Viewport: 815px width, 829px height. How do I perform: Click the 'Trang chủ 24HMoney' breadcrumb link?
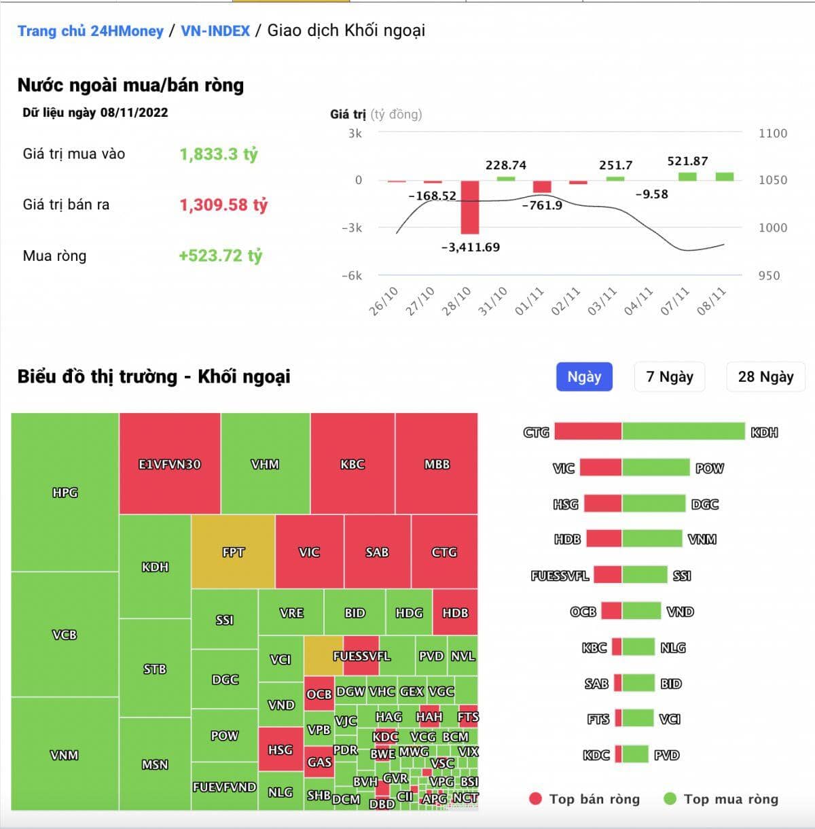coord(90,31)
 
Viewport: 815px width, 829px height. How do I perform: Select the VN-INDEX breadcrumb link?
coord(215,31)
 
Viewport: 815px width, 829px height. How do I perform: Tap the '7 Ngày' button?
coord(670,376)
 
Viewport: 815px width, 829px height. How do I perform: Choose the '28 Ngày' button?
coord(765,376)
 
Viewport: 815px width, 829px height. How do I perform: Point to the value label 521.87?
coord(687,161)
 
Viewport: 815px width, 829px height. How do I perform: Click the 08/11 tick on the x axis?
coord(712,301)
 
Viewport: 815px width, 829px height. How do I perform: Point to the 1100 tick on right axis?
coord(773,133)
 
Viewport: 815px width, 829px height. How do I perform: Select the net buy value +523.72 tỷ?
coord(220,255)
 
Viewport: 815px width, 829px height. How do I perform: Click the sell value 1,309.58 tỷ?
coord(223,205)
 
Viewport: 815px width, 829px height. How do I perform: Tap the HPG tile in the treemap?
coord(65,493)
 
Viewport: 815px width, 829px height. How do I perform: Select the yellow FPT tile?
coord(233,552)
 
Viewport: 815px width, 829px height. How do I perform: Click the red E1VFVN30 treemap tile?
coord(170,464)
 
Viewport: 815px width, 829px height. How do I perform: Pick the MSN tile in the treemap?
coord(155,764)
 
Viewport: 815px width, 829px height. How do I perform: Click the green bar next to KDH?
coord(683,431)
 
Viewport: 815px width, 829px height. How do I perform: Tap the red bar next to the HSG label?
coord(602,504)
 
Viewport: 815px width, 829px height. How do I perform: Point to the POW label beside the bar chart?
coord(710,468)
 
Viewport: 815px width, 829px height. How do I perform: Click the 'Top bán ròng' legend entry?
coord(584,799)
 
